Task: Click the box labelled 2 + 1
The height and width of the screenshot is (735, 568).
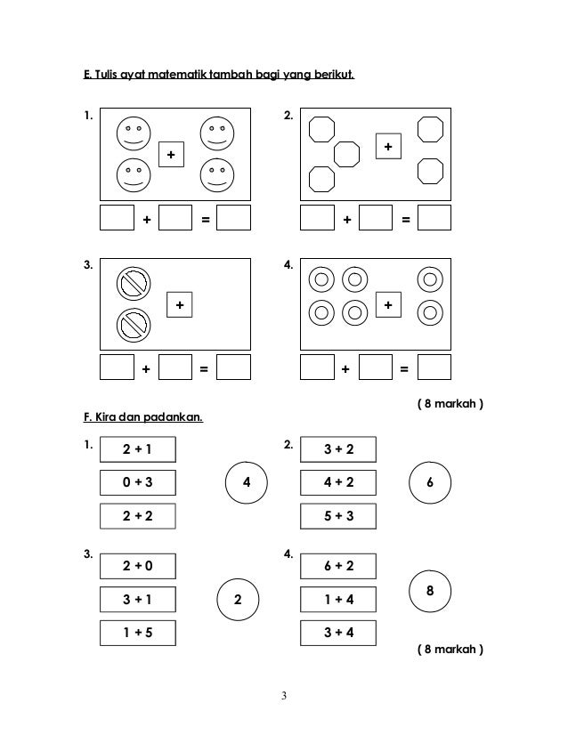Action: coord(137,449)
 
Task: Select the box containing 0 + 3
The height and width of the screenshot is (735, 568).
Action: coord(137,482)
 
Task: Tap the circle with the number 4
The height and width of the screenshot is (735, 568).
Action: coord(247,482)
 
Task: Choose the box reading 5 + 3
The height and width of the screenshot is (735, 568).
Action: coord(338,515)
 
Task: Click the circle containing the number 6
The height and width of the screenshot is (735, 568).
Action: coord(431,482)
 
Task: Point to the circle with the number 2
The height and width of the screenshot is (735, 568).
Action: coord(238,599)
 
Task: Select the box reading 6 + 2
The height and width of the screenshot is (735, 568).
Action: coord(338,566)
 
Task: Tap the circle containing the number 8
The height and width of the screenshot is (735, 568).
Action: coord(431,590)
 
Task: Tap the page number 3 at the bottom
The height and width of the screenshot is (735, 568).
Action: coord(284,695)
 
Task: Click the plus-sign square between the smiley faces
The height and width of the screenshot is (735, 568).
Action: coord(171,155)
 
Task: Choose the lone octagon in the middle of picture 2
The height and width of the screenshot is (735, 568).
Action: coord(346,154)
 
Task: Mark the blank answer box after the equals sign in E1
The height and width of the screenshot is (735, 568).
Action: coord(233,218)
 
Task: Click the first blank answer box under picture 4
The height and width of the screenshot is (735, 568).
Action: coord(317,367)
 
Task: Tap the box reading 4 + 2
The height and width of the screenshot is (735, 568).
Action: coord(338,482)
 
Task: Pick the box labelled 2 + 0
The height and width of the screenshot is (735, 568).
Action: coord(137,566)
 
